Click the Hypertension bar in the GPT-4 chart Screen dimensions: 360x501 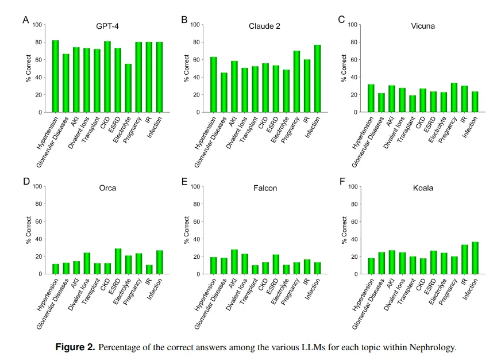click(x=56, y=76)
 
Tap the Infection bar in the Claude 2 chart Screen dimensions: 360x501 click(x=317, y=79)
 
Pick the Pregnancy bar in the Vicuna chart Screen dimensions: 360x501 click(x=454, y=98)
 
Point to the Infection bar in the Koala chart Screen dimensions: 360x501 click(x=475, y=258)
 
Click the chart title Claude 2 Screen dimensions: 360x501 click(x=264, y=26)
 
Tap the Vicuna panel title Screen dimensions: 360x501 click(x=423, y=26)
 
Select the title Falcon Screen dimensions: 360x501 click(x=265, y=188)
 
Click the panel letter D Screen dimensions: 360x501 click(x=26, y=181)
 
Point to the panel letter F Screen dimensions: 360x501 click(x=342, y=181)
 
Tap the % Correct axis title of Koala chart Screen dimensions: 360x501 click(x=345, y=230)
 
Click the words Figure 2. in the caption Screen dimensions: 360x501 click(x=75, y=347)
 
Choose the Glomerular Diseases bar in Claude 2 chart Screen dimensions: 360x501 click(x=223, y=93)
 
